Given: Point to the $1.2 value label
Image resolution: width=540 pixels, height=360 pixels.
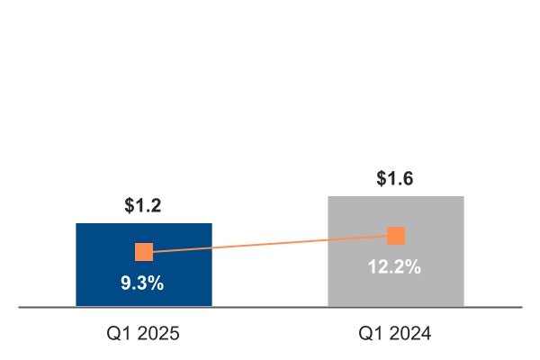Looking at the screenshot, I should pyautogui.click(x=143, y=206).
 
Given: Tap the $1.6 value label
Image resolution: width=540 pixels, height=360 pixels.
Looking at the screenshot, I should pyautogui.click(x=395, y=179).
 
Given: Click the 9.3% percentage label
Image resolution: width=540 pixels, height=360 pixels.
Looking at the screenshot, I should pyautogui.click(x=143, y=283).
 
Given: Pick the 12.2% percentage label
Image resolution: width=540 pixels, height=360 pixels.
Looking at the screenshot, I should pyautogui.click(x=395, y=266).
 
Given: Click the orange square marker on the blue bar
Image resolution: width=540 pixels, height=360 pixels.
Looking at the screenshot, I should pyautogui.click(x=144, y=252).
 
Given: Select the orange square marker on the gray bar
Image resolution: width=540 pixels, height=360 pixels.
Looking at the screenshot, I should pyautogui.click(x=396, y=236).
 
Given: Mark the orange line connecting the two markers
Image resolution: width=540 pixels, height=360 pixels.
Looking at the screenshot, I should pyautogui.click(x=270, y=244).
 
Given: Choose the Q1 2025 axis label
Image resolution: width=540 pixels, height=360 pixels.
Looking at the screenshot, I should pyautogui.click(x=143, y=334).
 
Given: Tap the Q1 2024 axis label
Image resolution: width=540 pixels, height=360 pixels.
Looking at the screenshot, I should pyautogui.click(x=395, y=334).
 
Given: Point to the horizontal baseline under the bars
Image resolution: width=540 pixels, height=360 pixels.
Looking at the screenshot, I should pyautogui.click(x=270, y=307).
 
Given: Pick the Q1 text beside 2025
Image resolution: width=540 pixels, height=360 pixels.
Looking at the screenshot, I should pyautogui.click(x=118, y=334).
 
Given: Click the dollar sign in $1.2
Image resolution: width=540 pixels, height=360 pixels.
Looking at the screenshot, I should pyautogui.click(x=130, y=206).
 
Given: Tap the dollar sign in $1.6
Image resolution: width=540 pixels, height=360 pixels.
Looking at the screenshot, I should pyautogui.click(x=382, y=179).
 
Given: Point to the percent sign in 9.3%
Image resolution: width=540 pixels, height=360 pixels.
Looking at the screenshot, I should pyautogui.click(x=157, y=283).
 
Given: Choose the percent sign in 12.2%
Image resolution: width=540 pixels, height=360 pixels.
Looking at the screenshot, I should pyautogui.click(x=413, y=266).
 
